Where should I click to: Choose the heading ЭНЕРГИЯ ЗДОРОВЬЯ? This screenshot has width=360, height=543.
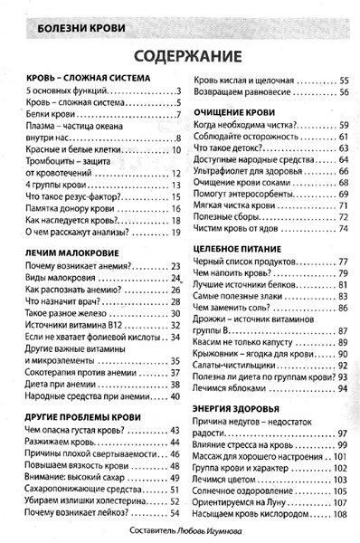pos(238,404)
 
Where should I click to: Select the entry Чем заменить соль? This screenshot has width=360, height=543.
pos(232,309)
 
